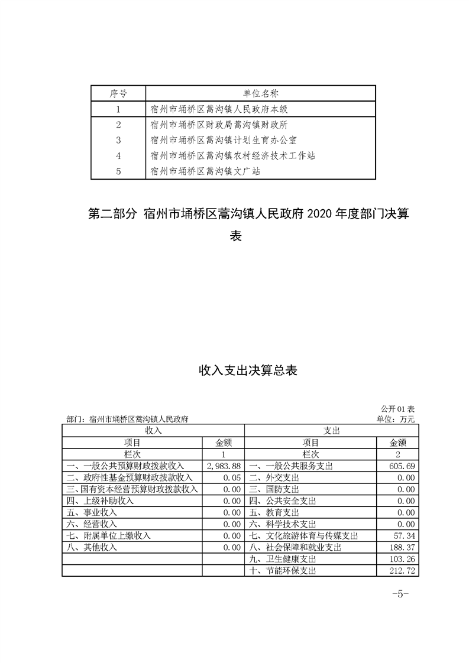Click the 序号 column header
tap(118, 93)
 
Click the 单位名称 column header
tap(261, 93)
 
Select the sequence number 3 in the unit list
tap(118, 140)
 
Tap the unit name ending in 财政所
tap(219, 125)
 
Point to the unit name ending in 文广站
tap(205, 171)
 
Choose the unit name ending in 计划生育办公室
tap(224, 140)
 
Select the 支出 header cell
tap(331, 431)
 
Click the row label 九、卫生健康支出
tap(283, 559)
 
